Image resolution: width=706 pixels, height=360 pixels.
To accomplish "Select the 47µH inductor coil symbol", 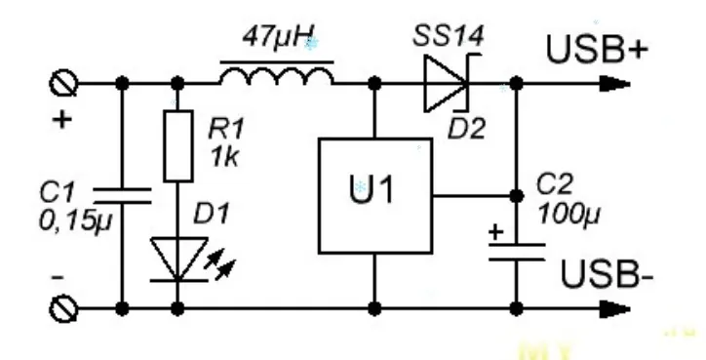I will [x=278, y=77].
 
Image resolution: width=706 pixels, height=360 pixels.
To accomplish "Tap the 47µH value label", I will [x=277, y=42].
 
